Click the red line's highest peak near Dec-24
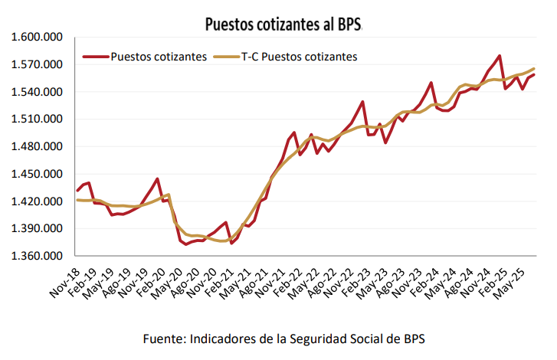500,56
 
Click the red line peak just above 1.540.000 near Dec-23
431,83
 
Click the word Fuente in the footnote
163,339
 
